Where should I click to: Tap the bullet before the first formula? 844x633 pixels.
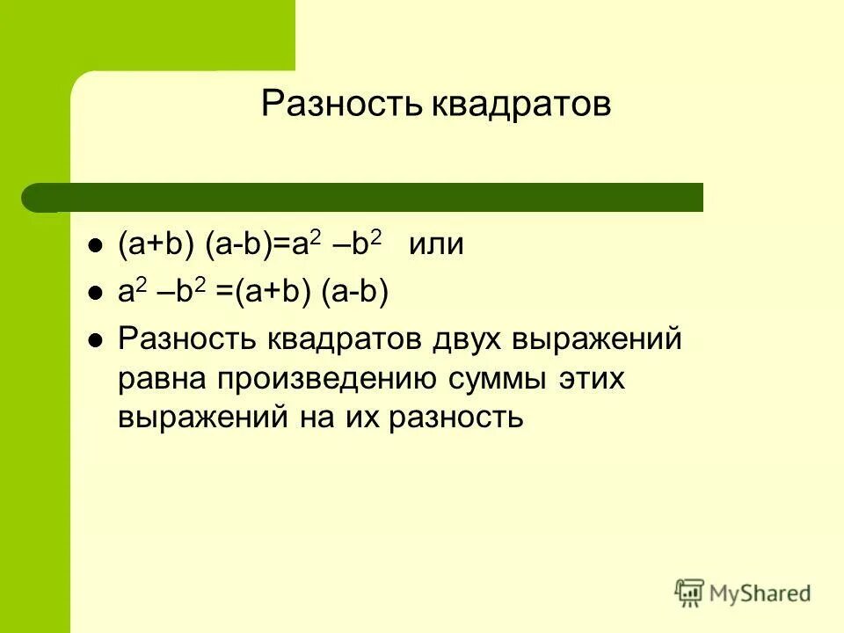point(95,247)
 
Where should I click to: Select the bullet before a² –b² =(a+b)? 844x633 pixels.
point(95,295)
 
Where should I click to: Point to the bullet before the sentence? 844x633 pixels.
point(95,340)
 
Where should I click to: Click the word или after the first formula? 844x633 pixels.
point(435,245)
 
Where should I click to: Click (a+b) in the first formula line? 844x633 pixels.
point(156,245)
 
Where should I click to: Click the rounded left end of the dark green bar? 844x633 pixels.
point(35,198)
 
